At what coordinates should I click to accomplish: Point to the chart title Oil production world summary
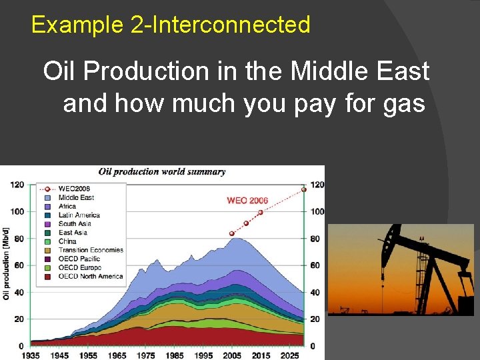162,171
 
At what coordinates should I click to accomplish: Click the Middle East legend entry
76,198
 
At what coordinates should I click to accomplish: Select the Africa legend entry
67,207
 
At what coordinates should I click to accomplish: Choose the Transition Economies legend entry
91,250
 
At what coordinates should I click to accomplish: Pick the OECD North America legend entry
90,276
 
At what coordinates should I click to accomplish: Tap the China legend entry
67,241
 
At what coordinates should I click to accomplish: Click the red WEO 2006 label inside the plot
247,200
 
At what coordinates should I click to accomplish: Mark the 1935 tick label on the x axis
31,355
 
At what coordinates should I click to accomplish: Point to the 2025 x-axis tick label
289,355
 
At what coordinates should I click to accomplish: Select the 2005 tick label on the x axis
232,355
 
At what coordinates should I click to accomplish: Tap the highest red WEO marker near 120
303,189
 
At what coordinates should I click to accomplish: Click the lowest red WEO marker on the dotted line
232,233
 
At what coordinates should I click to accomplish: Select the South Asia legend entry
74,224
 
